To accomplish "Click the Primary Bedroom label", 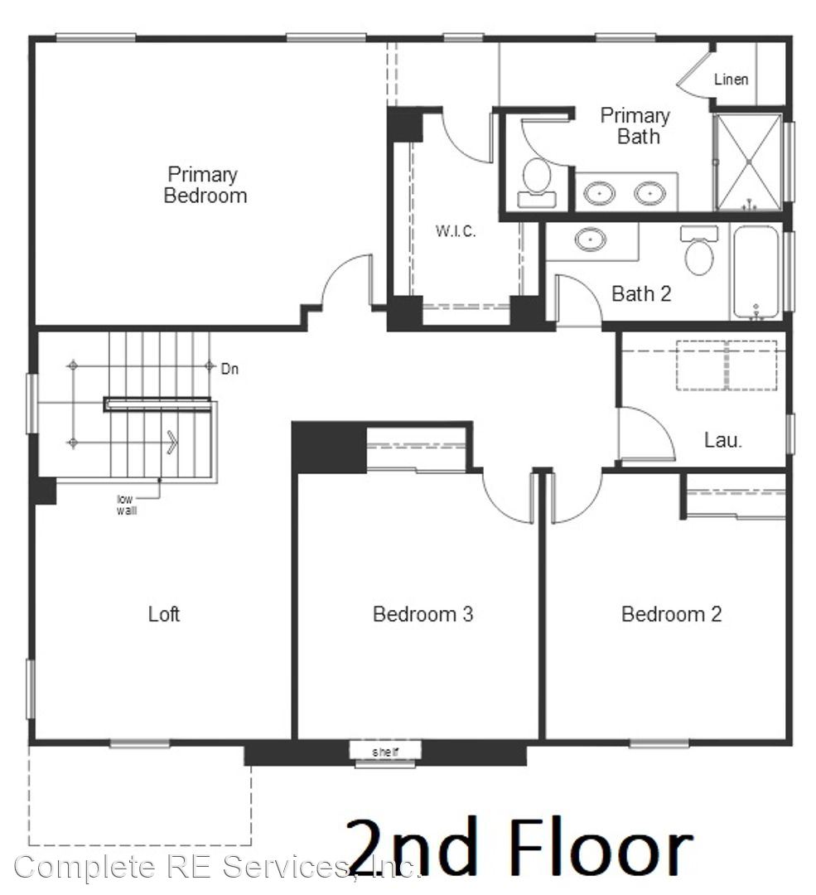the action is pyautogui.click(x=205, y=185).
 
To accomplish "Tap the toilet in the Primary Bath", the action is pyautogui.click(x=536, y=182).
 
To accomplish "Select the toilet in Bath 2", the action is pyautogui.click(x=699, y=250).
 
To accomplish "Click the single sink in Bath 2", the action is pyautogui.click(x=591, y=239).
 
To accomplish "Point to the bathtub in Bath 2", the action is pyautogui.click(x=756, y=273).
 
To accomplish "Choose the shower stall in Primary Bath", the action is pyautogui.click(x=748, y=162).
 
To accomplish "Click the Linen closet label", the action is pyautogui.click(x=731, y=80).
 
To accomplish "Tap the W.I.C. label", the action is pyautogui.click(x=456, y=231).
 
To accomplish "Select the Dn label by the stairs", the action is pyautogui.click(x=229, y=370).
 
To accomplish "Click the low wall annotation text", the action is pyautogui.click(x=126, y=506).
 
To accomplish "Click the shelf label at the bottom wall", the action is pyautogui.click(x=385, y=752).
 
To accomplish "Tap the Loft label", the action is pyautogui.click(x=164, y=614).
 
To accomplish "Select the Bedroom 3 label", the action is pyautogui.click(x=422, y=614).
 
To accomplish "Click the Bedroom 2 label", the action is pyautogui.click(x=672, y=614).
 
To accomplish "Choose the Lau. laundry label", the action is pyautogui.click(x=723, y=440).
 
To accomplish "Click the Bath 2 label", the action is pyautogui.click(x=641, y=294).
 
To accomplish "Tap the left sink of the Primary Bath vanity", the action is pyautogui.click(x=599, y=193).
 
